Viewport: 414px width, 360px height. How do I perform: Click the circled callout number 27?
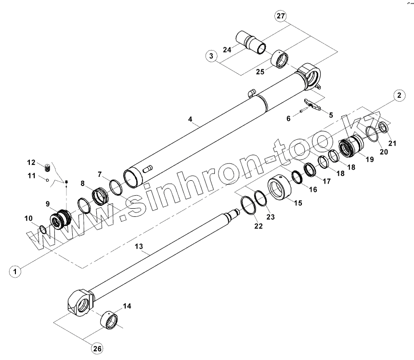[281, 16]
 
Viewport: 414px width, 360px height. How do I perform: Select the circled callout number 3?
[211, 56]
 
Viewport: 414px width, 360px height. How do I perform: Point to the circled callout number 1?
[16, 271]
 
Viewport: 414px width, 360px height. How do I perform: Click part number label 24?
[227, 49]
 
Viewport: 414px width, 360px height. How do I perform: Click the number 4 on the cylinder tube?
[191, 119]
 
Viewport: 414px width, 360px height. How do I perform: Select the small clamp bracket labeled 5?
[313, 106]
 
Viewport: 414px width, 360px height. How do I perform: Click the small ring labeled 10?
[43, 229]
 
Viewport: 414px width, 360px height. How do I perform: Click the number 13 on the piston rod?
[139, 246]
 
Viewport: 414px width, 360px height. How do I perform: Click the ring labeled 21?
[384, 128]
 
